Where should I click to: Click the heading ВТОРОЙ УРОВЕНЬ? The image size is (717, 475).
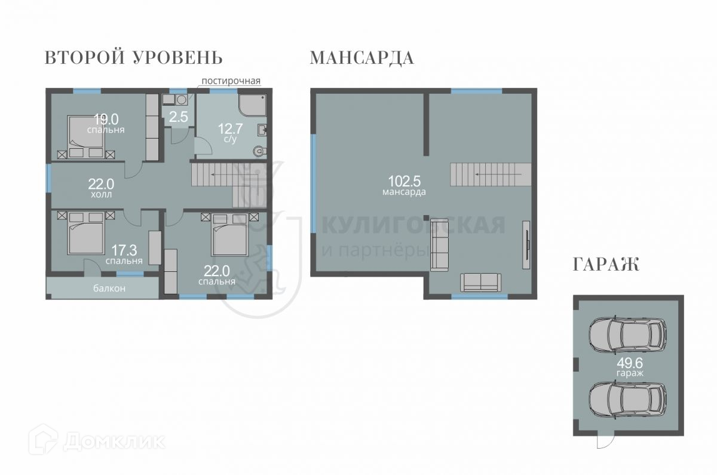click(133, 58)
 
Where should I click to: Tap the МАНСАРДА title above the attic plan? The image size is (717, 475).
click(361, 58)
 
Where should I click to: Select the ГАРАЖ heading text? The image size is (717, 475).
click(606, 265)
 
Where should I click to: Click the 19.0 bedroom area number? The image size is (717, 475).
click(106, 119)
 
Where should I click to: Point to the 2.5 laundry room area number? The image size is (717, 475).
click(178, 117)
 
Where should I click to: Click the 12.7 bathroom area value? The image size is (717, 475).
click(230, 128)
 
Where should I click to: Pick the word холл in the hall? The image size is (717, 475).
click(102, 194)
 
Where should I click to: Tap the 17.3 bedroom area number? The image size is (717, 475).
click(124, 250)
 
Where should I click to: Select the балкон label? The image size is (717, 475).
click(109, 289)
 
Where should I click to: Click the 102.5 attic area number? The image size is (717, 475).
click(405, 181)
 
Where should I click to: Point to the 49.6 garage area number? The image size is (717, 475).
click(630, 363)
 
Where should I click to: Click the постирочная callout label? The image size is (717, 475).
click(231, 81)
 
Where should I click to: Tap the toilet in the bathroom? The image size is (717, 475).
click(259, 151)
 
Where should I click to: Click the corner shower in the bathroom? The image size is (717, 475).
click(252, 105)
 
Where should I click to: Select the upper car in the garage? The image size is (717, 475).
click(628, 335)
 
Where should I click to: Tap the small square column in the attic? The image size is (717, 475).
click(425, 218)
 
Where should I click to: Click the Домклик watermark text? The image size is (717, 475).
click(114, 442)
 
